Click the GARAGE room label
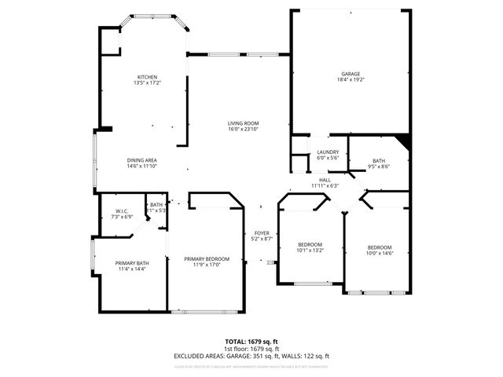tap(351, 74)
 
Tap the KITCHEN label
tap(148, 76)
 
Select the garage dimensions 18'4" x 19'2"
tap(351, 79)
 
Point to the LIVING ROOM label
tap(243, 123)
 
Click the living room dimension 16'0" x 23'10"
tap(243, 129)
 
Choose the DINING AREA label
tap(141, 160)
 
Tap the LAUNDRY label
tap(328, 152)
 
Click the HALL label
tap(324, 180)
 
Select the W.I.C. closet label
tap(121, 210)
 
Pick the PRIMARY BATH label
tap(131, 263)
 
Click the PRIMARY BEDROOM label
tap(207, 259)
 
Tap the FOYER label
tap(262, 232)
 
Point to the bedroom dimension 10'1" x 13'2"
tap(310, 251)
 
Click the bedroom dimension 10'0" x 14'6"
tap(380, 253)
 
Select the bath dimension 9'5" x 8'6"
tap(379, 166)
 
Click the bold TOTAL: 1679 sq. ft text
tap(251, 341)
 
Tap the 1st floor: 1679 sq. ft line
tap(251, 348)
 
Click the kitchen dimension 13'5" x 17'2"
tap(148, 82)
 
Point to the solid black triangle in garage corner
tap(404, 141)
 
